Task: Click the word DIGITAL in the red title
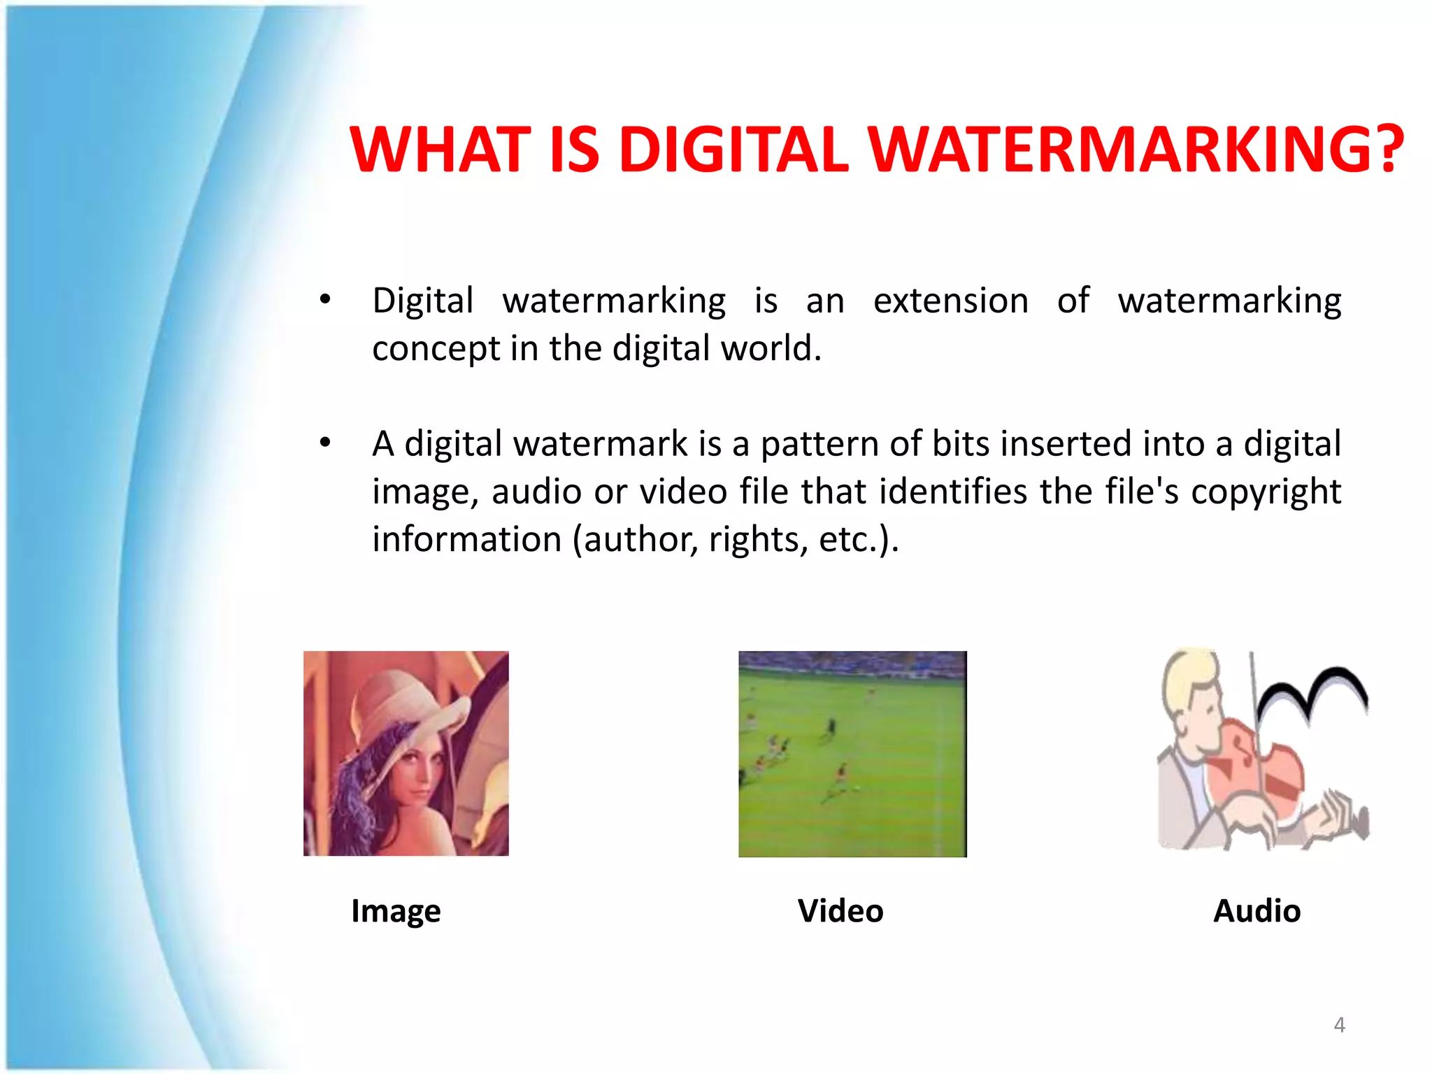[x=733, y=150]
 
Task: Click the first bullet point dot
[x=324, y=300]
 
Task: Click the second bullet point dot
[x=324, y=443]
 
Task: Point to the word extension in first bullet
[x=951, y=301]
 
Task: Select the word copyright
[x=1266, y=492]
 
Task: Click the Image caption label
[x=396, y=911]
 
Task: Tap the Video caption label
[x=840, y=911]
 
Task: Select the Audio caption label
[x=1256, y=911]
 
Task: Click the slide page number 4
[x=1339, y=1025]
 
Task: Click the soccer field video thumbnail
[x=852, y=754]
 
